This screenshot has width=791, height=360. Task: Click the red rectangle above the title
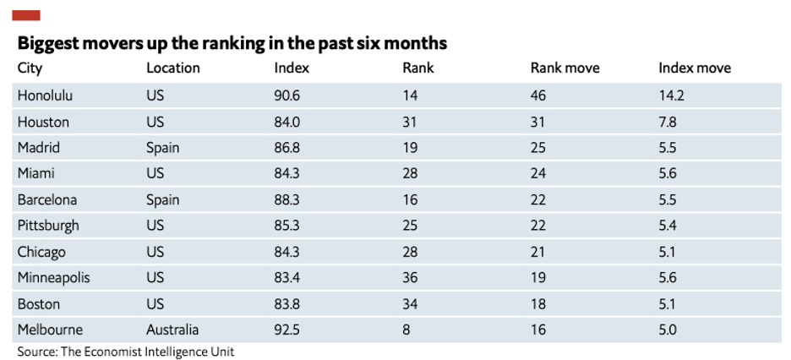tap(26, 15)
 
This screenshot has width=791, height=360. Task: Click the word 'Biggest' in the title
tap(48, 44)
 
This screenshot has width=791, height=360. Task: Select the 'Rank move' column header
tap(565, 68)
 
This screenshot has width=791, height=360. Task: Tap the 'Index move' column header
tap(695, 68)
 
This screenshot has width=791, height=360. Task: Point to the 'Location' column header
tap(173, 68)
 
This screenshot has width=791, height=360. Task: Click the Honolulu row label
tap(45, 95)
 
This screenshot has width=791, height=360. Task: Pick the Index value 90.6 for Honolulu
tap(287, 95)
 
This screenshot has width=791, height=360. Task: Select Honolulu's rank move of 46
tap(538, 95)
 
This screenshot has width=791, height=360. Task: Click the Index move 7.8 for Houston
tap(668, 122)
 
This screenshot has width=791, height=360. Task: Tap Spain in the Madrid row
tap(163, 148)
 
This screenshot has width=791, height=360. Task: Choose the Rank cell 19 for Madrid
tap(410, 148)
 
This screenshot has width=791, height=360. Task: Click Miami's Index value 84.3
tap(287, 173)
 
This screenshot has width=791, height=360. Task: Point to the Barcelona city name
tap(47, 199)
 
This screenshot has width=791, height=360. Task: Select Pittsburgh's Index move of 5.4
tap(669, 226)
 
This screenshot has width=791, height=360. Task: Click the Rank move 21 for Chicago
tap(537, 252)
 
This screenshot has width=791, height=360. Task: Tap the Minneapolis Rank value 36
tap(410, 278)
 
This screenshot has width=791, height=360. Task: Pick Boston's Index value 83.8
tap(287, 304)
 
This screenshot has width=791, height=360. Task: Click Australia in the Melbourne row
tap(172, 330)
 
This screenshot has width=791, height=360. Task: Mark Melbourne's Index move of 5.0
tap(669, 330)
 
